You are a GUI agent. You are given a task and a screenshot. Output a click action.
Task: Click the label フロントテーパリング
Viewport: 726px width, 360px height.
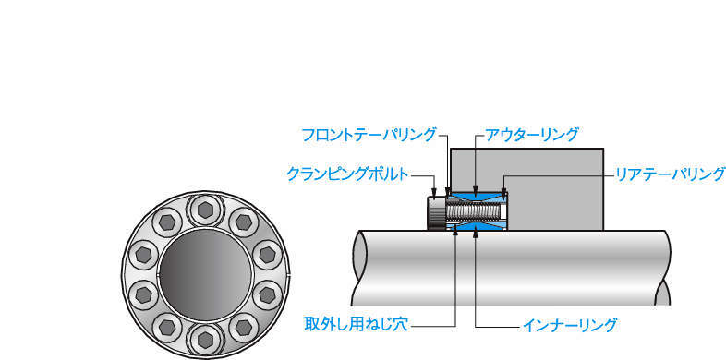pyautogui.click(x=369, y=135)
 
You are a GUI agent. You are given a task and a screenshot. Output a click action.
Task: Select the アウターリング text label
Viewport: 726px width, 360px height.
pyautogui.click(x=531, y=135)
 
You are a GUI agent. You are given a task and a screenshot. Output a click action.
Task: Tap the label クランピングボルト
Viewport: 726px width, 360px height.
pyautogui.click(x=348, y=174)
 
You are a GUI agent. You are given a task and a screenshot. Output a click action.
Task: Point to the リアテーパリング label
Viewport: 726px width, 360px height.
pyautogui.click(x=669, y=174)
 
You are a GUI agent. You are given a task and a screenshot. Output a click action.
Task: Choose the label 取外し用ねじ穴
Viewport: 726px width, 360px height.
pyautogui.click(x=356, y=324)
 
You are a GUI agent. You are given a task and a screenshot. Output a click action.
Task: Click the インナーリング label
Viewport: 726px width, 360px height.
pyautogui.click(x=570, y=325)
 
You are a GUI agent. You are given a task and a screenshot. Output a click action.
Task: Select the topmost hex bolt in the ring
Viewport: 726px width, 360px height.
pyautogui.click(x=205, y=210)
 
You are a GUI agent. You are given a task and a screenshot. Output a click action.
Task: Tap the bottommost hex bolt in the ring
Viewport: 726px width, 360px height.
pyautogui.click(x=205, y=340)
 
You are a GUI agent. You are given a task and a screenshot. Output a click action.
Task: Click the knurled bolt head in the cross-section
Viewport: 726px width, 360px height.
pyautogui.click(x=436, y=212)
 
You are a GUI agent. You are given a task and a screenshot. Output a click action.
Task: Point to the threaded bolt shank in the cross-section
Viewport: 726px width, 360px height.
pyautogui.click(x=473, y=212)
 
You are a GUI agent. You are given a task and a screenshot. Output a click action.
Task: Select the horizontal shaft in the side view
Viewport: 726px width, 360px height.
pyautogui.click(x=511, y=268)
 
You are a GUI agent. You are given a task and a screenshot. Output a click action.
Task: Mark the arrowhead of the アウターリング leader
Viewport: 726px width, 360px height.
pyautogui.click(x=476, y=189)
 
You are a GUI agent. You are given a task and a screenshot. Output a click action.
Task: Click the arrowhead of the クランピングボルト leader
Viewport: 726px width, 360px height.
pyautogui.click(x=434, y=192)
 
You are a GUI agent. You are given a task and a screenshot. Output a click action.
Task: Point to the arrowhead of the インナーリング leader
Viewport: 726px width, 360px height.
pyautogui.click(x=476, y=234)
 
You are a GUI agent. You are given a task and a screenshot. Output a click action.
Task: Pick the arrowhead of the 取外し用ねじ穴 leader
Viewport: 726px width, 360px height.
pyautogui.click(x=456, y=234)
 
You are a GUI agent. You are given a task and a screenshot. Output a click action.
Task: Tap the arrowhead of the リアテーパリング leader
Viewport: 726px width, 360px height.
pyautogui.click(x=503, y=190)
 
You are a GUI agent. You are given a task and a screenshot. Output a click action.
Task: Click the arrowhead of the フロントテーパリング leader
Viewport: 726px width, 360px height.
pyautogui.click(x=448, y=192)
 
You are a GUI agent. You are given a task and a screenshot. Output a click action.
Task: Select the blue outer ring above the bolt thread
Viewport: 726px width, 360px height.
pyautogui.click(x=476, y=198)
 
